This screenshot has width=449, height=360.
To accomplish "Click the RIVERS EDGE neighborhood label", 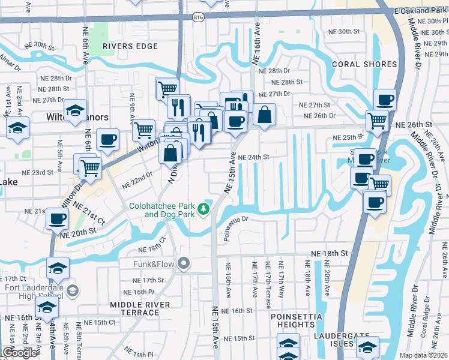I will tap(130, 46).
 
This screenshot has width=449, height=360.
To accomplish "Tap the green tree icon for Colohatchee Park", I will tap(204, 209).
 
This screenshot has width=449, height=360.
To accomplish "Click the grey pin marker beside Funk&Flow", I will tap(184, 263).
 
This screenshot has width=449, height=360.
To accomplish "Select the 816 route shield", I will tap(197, 19).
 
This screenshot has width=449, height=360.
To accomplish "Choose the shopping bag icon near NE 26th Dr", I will tap(264, 113).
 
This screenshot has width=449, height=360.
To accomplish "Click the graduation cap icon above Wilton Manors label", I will tap(76, 110).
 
